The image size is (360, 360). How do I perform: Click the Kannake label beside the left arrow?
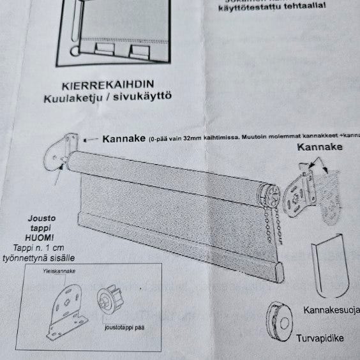[x=123, y=138]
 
